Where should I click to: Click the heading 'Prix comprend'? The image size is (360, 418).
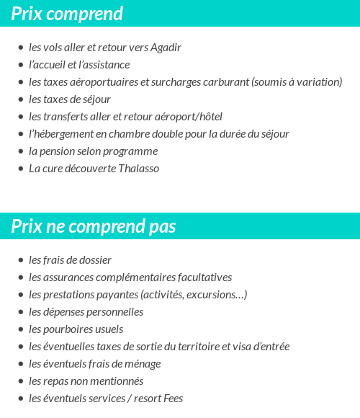coord(67,14)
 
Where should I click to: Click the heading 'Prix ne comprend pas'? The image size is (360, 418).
coord(93,226)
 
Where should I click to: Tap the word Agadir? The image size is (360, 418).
coord(166,48)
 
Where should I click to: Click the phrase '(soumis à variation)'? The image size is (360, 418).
coord(297,82)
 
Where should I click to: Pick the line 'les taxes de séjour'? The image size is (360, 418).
coord(70,99)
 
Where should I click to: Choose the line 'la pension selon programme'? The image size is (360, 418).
coord(93,151)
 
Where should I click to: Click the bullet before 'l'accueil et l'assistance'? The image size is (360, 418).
coord(21,65)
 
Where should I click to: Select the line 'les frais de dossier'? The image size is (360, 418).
coord(70,260)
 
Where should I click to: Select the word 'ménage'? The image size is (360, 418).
coord(143,364)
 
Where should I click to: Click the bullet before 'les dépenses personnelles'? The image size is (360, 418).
coord(21,312)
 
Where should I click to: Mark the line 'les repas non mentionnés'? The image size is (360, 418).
coord(86,381)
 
